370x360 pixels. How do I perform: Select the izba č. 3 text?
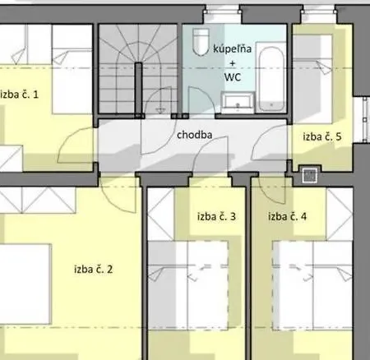(x=217, y=217)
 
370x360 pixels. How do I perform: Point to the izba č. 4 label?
(x=288, y=217)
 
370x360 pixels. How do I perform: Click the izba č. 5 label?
(x=321, y=136)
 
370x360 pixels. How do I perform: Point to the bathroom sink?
(x=238, y=102)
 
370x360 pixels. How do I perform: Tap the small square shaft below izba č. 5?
(x=310, y=174)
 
